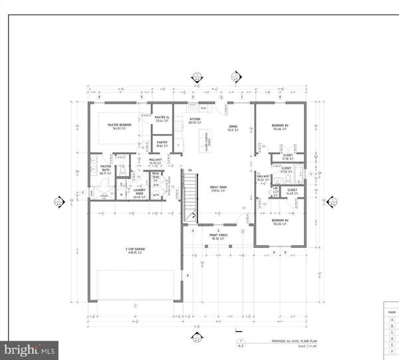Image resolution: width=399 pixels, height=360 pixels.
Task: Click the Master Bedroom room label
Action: click(121, 124)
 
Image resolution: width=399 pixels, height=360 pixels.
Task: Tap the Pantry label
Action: click(162, 143)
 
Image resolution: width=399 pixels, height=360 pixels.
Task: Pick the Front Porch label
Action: click(219, 236)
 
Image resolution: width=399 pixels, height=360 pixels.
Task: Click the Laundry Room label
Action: click(140, 193)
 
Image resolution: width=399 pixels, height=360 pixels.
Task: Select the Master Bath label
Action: click(105, 170)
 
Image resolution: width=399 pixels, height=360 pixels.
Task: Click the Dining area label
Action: click(233, 126)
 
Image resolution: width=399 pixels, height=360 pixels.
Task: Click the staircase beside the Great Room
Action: click(189, 197)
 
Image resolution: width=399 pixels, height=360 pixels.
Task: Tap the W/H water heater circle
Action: click(155, 195)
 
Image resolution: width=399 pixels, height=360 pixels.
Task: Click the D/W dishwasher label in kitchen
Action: click(204, 106)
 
